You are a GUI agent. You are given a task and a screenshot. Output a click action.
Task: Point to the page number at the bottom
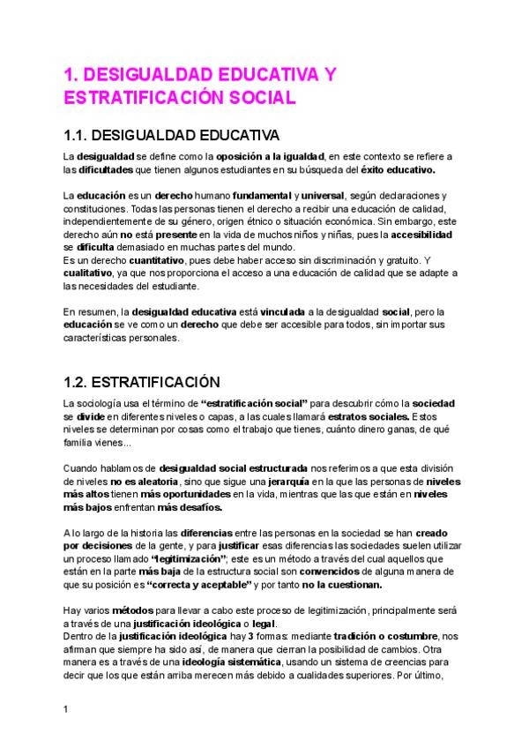click(66, 707)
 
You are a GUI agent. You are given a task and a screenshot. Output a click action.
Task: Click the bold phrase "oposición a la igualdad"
click(274, 156)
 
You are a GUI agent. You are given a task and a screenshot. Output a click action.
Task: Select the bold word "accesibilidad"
click(417, 236)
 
